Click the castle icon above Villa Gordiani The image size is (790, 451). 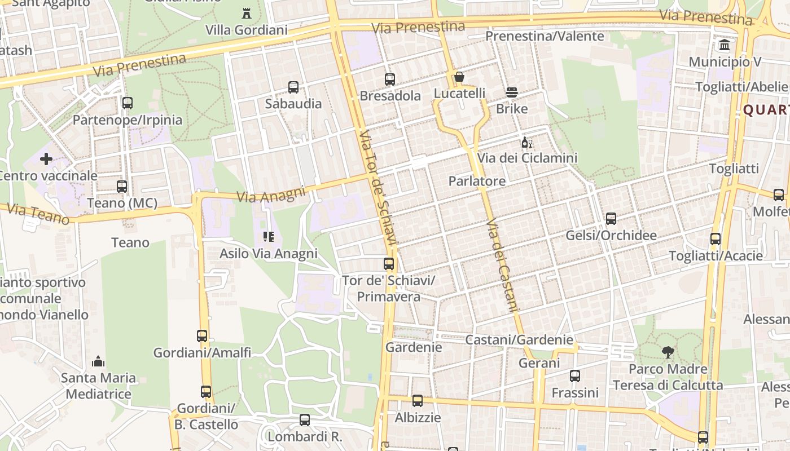tap(246, 12)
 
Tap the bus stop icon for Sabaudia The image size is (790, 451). tap(293, 87)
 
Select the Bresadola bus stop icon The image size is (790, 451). tap(390, 79)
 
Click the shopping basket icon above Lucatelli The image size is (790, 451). tap(459, 77)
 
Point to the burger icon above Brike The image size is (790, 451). tap(512, 92)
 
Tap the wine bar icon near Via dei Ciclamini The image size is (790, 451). tap(527, 142)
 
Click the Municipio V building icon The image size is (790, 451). tap(725, 45)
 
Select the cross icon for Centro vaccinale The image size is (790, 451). tap(46, 160)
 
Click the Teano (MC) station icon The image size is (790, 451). tap(122, 187)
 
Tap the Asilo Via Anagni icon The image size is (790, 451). tap(269, 237)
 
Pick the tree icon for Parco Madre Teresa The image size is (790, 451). tap(668, 353)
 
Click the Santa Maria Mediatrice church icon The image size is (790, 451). tap(98, 361)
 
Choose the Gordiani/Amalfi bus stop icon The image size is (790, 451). tap(202, 336)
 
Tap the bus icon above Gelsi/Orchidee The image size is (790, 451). tap(611, 219)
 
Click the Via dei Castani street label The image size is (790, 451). tap(502, 265)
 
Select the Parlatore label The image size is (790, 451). tap(477, 181)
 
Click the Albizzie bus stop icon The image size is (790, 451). tap(418, 401)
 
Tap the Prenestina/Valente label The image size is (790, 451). tap(545, 37)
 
